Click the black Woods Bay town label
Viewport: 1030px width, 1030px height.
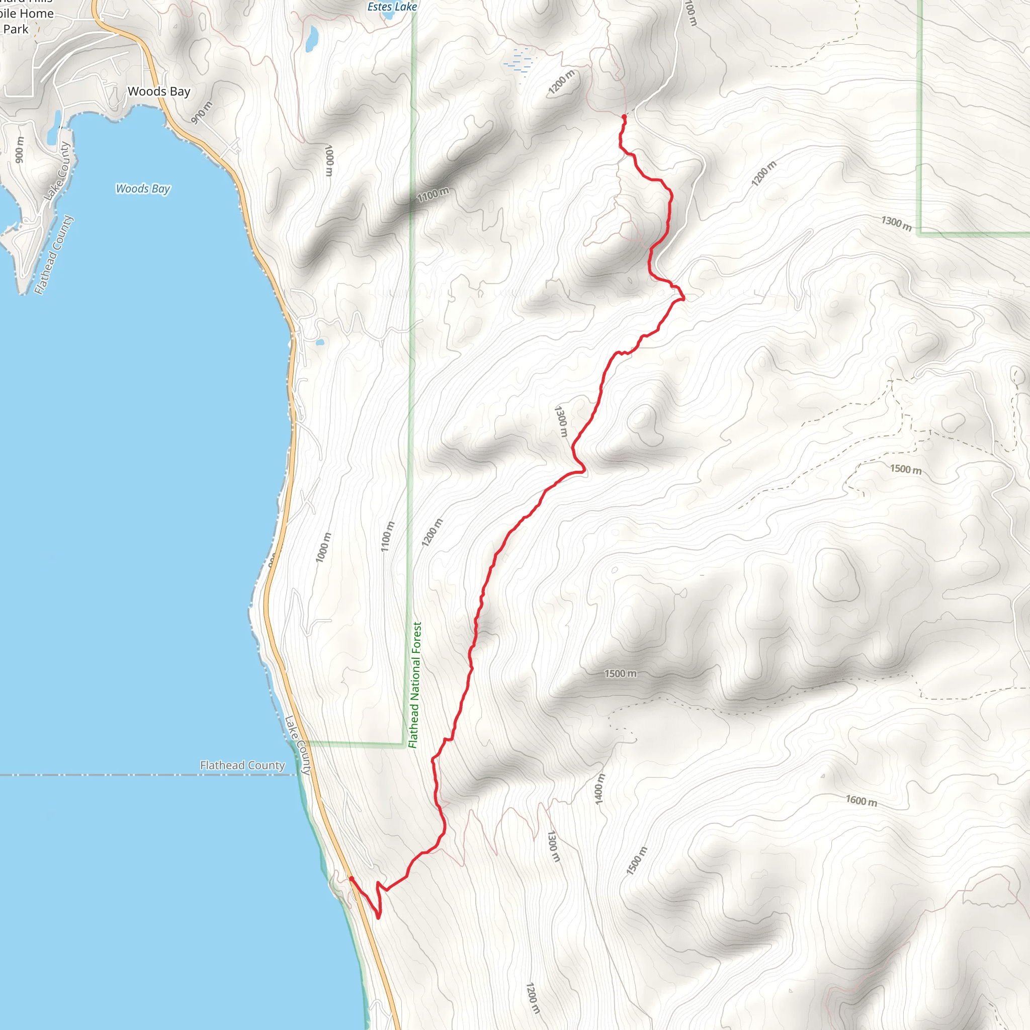coord(159,92)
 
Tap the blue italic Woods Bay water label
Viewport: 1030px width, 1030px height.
coord(143,189)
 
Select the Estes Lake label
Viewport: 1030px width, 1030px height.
coord(392,7)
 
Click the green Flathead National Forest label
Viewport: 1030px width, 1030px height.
coord(415,684)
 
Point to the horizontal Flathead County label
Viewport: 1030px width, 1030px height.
coord(242,765)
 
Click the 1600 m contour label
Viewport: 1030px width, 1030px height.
coord(861,800)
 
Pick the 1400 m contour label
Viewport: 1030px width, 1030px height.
coord(600,790)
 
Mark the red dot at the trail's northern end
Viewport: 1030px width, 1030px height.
coord(624,116)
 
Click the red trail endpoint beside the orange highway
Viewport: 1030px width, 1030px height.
coord(351,879)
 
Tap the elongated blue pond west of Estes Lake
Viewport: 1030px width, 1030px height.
coord(311,38)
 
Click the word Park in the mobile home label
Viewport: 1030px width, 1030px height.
coord(16,29)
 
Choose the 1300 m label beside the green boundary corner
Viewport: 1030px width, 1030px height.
coord(896,223)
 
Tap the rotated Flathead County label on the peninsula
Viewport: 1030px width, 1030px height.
coord(53,255)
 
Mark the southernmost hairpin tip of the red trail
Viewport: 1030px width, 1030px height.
coord(378,917)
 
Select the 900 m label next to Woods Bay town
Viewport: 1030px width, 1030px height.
coord(202,113)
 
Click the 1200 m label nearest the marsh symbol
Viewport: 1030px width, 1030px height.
coord(561,82)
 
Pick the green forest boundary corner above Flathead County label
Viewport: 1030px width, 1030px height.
coord(403,743)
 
